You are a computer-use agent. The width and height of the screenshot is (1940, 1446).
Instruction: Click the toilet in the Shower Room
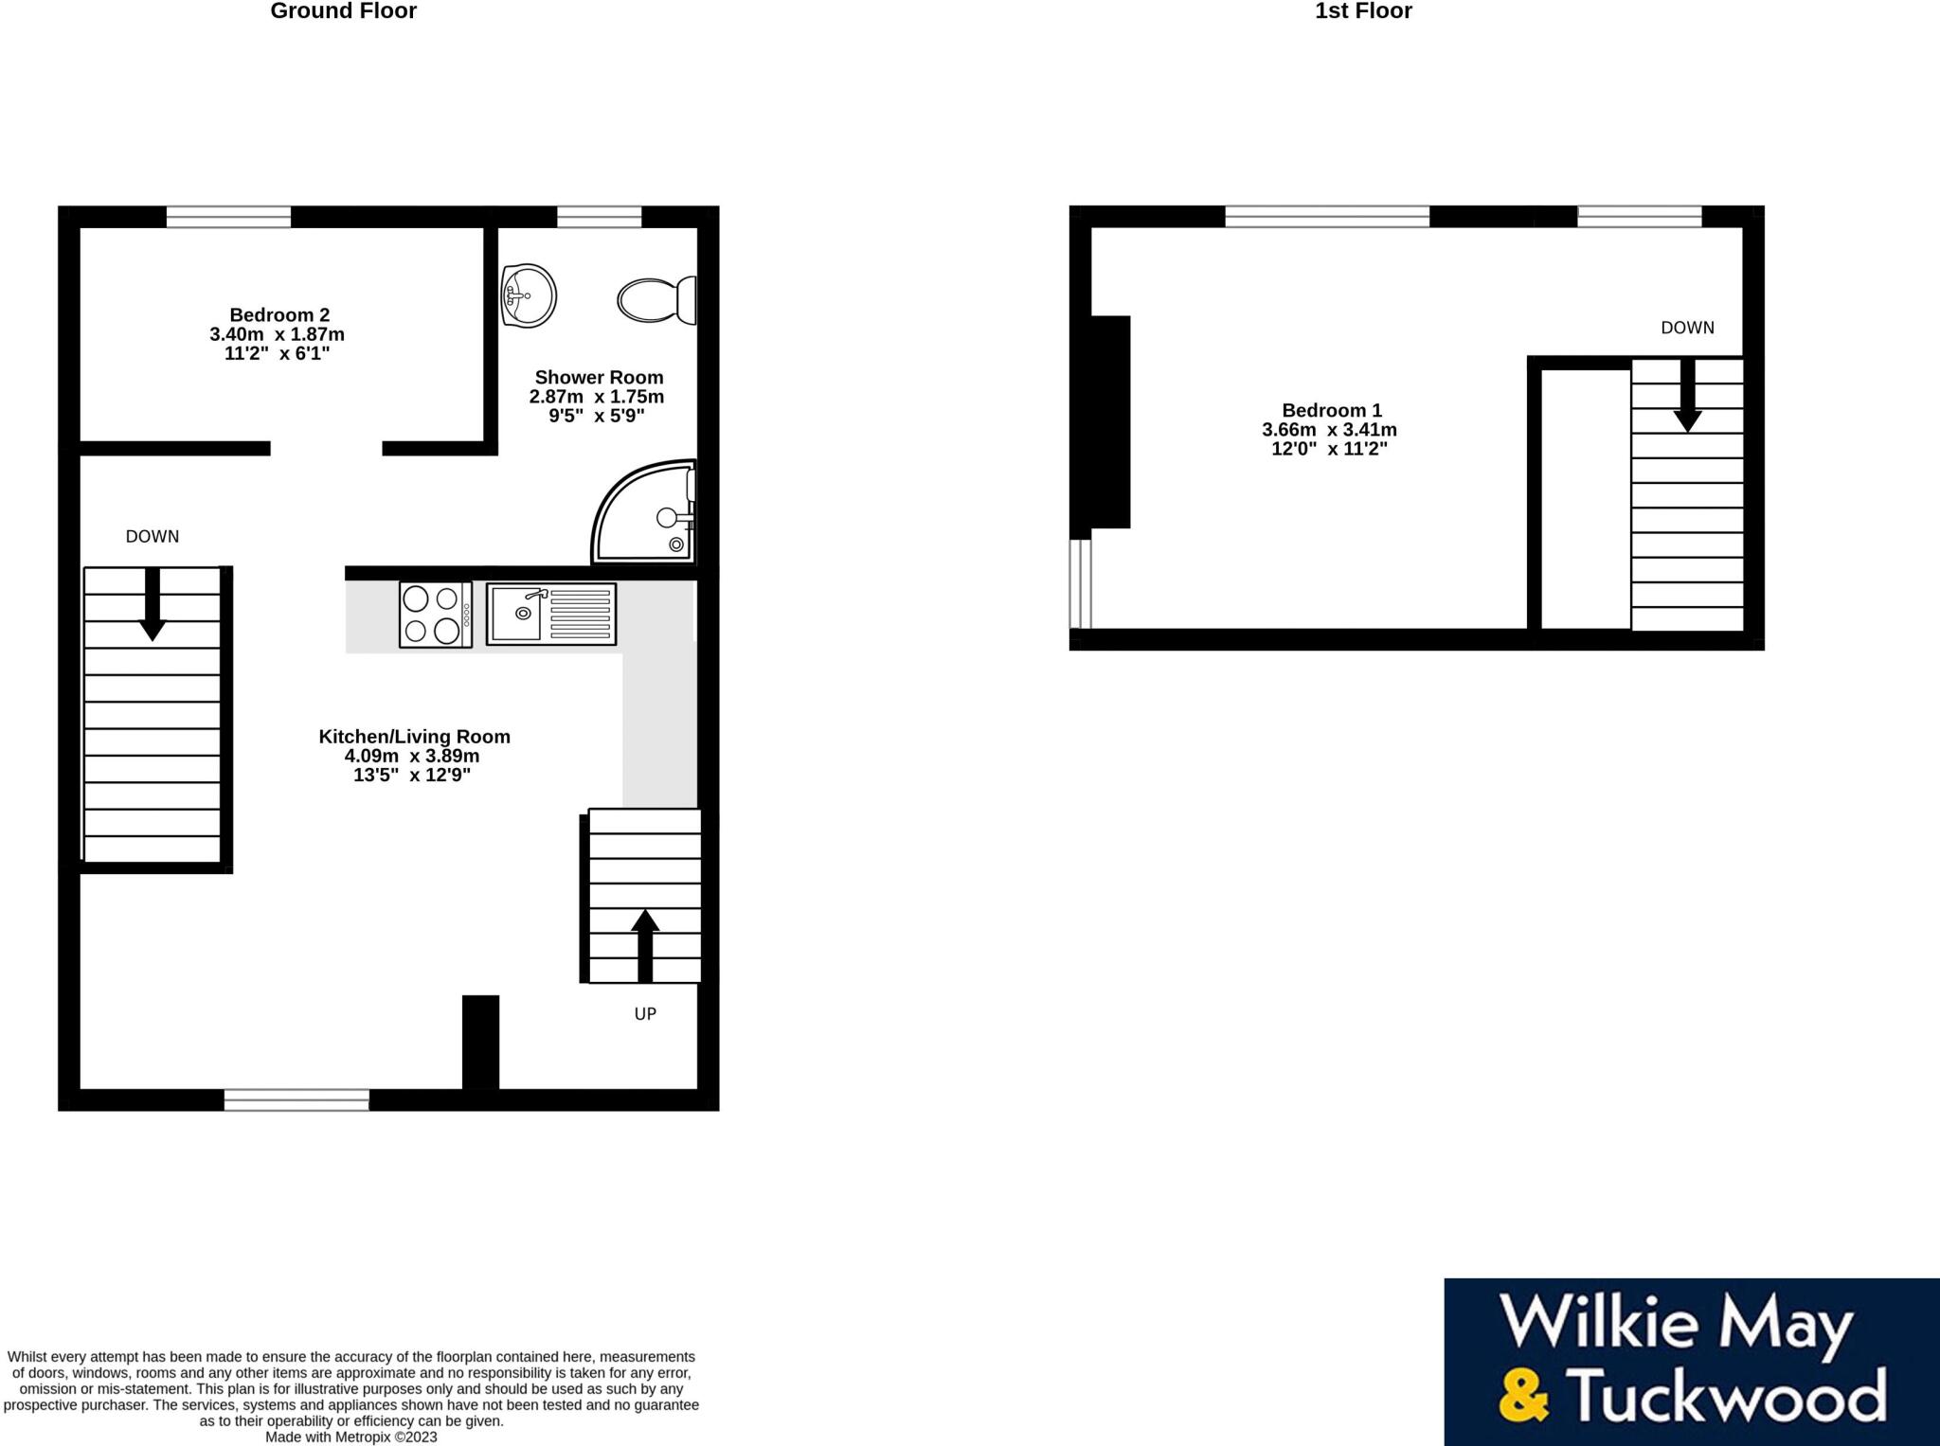pyautogui.click(x=656, y=299)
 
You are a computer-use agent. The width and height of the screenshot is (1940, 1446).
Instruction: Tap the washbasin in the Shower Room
pyautogui.click(x=529, y=295)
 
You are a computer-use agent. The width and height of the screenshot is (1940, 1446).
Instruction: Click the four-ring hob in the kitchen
pyautogui.click(x=436, y=615)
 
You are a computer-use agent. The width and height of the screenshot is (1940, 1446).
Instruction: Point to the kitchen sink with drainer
pyautogui.click(x=551, y=615)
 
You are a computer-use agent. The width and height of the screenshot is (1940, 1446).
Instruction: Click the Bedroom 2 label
pyautogui.click(x=278, y=315)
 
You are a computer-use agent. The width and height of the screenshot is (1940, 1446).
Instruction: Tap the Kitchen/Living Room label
pyautogui.click(x=414, y=737)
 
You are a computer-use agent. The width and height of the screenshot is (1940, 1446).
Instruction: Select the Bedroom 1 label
pyautogui.click(x=1331, y=410)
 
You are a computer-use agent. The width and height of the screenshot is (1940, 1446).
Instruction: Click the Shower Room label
pyautogui.click(x=599, y=377)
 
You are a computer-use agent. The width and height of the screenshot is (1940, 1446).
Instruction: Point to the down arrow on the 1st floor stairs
pyautogui.click(x=1687, y=397)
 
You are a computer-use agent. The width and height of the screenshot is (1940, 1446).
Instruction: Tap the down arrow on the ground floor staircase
pyautogui.click(x=153, y=604)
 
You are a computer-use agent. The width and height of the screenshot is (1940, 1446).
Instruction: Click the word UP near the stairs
pyautogui.click(x=645, y=1013)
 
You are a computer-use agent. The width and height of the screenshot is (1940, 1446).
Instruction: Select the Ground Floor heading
pyautogui.click(x=343, y=11)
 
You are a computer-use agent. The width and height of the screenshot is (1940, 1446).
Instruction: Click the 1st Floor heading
pyautogui.click(x=1363, y=11)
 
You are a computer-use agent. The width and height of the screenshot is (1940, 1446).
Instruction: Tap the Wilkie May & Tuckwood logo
pyautogui.click(x=1691, y=1362)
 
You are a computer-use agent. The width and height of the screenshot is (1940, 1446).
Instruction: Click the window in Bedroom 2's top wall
pyautogui.click(x=228, y=217)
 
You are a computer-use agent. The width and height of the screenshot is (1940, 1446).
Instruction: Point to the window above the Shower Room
pyautogui.click(x=599, y=217)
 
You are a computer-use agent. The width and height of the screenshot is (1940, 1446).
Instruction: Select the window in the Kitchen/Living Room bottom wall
pyautogui.click(x=296, y=1099)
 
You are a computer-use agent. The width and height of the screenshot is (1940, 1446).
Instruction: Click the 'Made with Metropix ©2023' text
pyautogui.click(x=350, y=1437)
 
